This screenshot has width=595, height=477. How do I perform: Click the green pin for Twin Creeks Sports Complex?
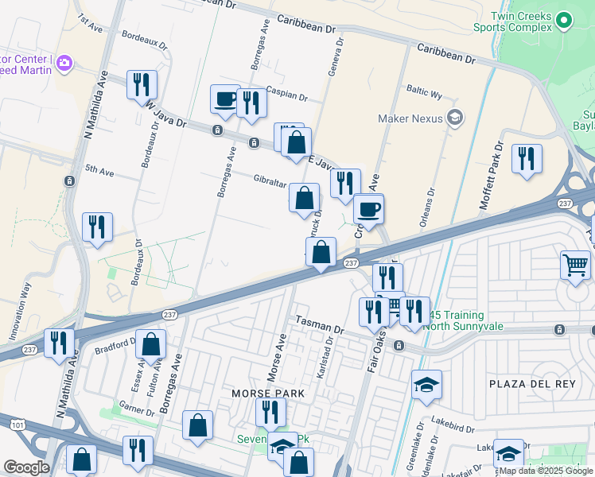(565, 20)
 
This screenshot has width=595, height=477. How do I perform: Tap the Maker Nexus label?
(409, 119)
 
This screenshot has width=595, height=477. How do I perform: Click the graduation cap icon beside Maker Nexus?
(455, 119)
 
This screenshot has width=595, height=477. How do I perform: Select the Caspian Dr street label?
(287, 95)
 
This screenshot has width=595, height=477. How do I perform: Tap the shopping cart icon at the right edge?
(576, 265)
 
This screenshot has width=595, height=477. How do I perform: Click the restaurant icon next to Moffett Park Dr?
(527, 159)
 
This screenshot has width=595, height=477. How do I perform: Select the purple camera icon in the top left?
(64, 62)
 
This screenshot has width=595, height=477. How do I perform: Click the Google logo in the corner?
(26, 467)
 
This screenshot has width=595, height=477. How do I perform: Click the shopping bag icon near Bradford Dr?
(151, 344)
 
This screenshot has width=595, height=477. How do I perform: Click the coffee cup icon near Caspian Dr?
(225, 99)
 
